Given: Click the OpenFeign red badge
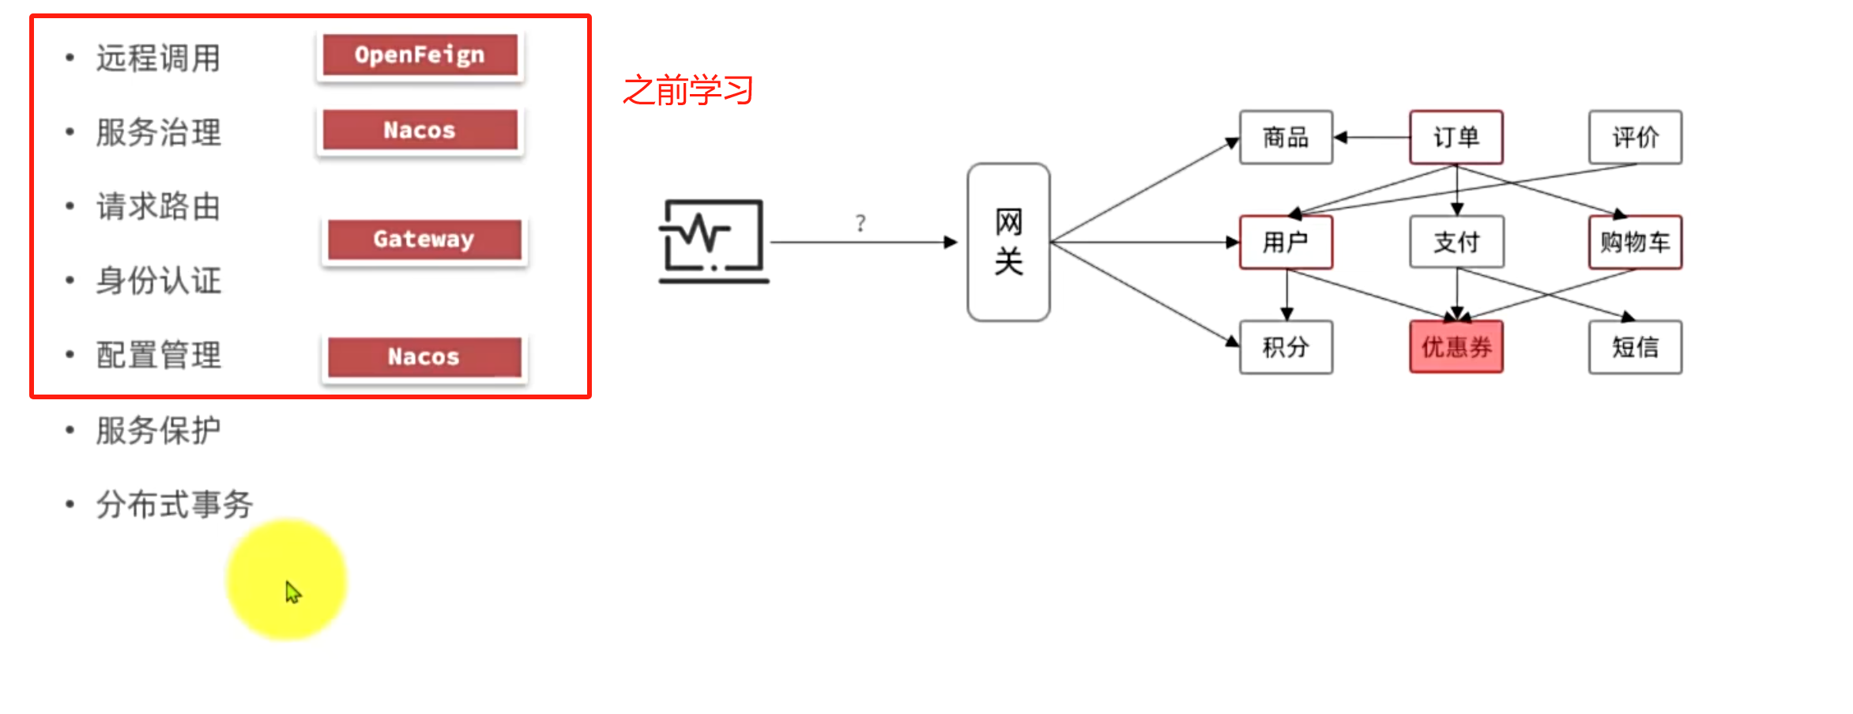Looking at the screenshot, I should [420, 55].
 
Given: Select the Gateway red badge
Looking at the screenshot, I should [424, 239].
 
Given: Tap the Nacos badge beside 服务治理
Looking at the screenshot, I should [420, 130].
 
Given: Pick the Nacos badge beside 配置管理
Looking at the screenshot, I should [424, 357].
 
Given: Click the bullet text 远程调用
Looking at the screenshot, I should [158, 59].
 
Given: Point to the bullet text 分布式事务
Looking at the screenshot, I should [174, 504].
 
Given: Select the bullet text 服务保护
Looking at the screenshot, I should [158, 431].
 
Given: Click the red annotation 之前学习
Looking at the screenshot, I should [687, 90].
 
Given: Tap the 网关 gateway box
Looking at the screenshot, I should [1008, 242].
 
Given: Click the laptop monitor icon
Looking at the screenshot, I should [713, 241].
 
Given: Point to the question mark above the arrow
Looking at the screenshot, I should [861, 223].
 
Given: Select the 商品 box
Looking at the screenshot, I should [1286, 138].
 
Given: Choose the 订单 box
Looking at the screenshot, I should [1456, 138].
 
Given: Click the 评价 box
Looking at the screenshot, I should [1635, 138].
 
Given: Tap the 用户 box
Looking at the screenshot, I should [1286, 242].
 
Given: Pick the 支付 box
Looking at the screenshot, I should [1456, 242].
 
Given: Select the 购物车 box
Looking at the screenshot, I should [1635, 242].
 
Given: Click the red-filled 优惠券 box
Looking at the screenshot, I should [1456, 347].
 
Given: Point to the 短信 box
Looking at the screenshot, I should [1635, 347].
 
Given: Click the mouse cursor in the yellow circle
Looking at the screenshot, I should [293, 592].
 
